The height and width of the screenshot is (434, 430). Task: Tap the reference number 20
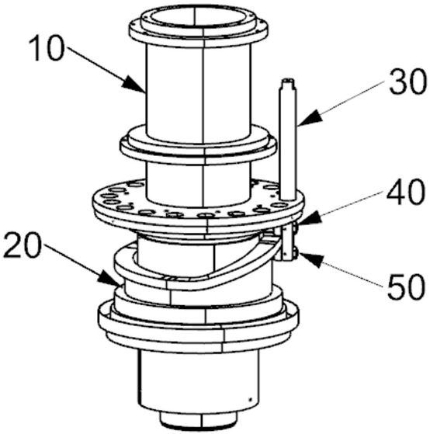pos(23,246)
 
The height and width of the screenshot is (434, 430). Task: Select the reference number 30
pos(406,82)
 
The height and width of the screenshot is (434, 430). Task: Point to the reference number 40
pos(405,192)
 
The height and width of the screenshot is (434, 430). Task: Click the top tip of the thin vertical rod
pos(288,79)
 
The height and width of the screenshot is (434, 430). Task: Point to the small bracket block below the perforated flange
pos(288,242)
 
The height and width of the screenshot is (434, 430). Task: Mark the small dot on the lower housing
pos(250,399)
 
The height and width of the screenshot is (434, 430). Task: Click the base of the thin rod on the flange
pos(288,197)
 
